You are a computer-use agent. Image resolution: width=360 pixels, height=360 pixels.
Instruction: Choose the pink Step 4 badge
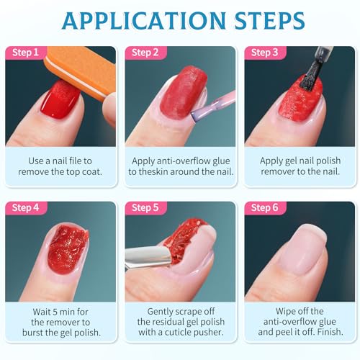(24, 208)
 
